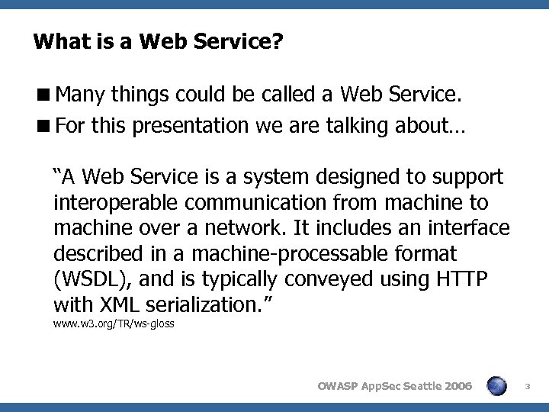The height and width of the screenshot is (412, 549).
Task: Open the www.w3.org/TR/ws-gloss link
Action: [x=114, y=323]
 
